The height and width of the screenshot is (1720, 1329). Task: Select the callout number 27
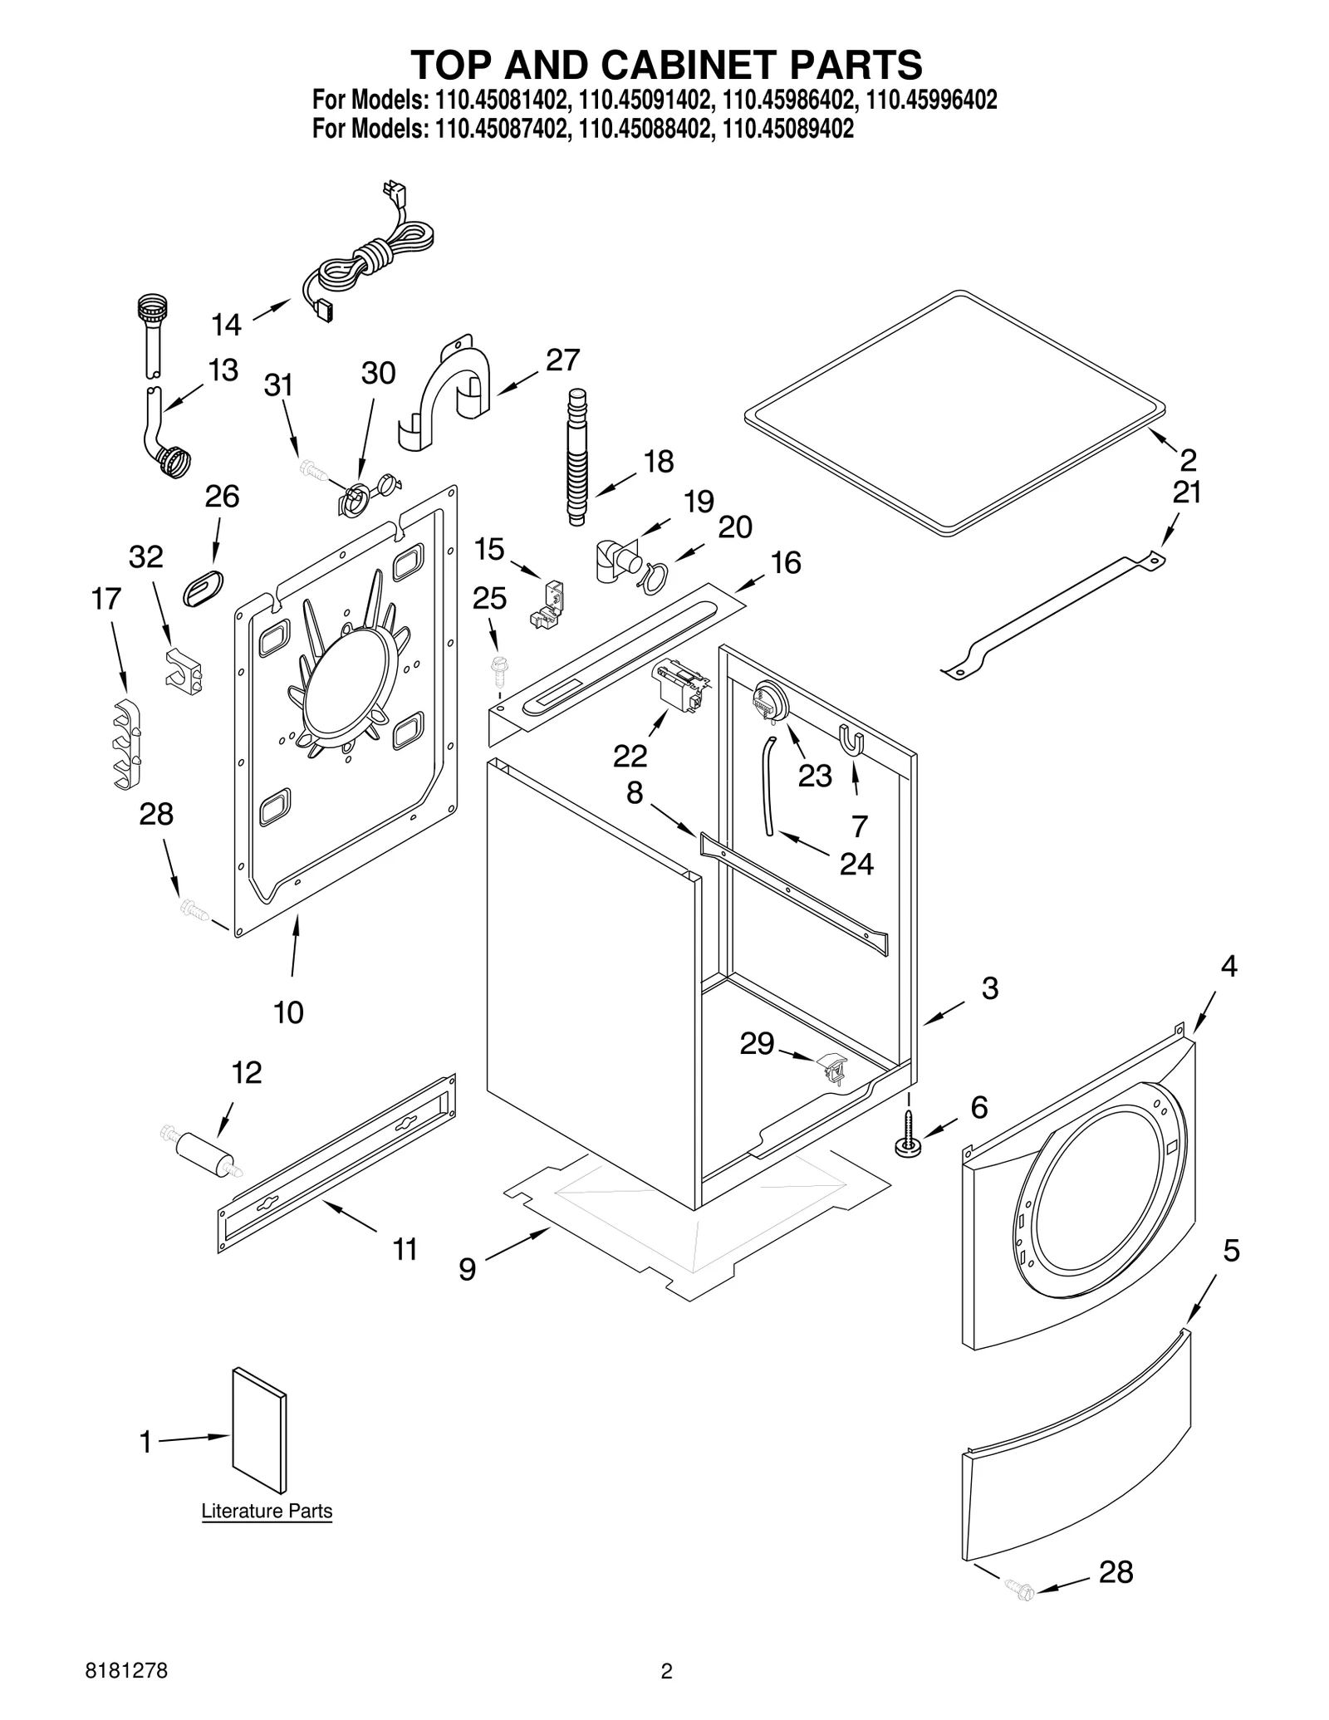562,360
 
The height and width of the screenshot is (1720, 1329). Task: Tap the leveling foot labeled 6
907,1145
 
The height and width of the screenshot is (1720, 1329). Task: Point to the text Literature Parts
267,1511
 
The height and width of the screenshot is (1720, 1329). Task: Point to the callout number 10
288,1012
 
